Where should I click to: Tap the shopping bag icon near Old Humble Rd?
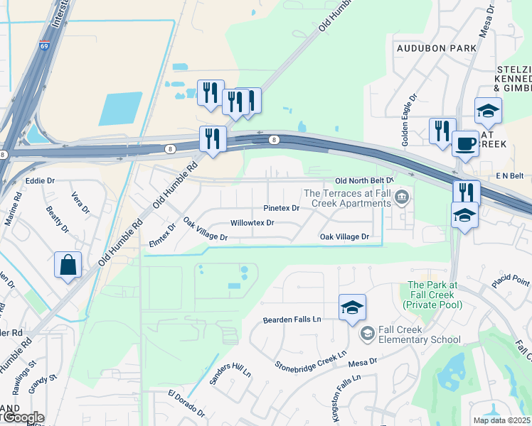point(68,265)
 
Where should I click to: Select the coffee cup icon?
point(465,143)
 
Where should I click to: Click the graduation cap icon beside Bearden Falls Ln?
point(352,307)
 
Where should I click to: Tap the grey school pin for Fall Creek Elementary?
point(367,333)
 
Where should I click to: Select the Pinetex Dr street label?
point(282,208)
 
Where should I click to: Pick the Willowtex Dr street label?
point(252,222)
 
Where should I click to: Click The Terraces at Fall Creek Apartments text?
point(347,198)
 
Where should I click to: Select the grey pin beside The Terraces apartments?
point(403,197)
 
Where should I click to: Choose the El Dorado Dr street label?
point(186,402)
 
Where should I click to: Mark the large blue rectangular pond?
point(121,109)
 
